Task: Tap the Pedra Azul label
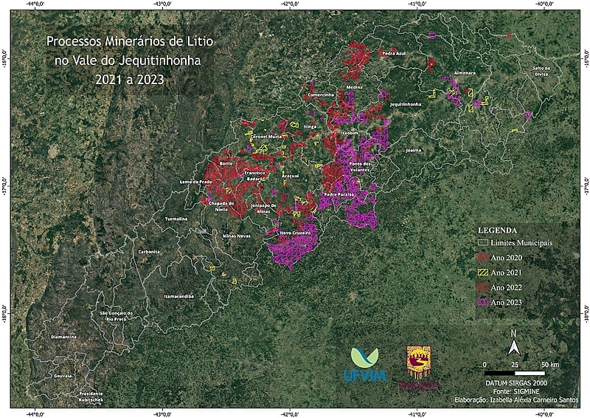click(395, 53)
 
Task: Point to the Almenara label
click(465, 74)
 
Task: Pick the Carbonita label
click(148, 252)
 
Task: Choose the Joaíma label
click(414, 150)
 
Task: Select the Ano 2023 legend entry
click(506, 302)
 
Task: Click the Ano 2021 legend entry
click(506, 273)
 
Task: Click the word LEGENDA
click(502, 230)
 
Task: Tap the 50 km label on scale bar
click(550, 365)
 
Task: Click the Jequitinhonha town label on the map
click(406, 104)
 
